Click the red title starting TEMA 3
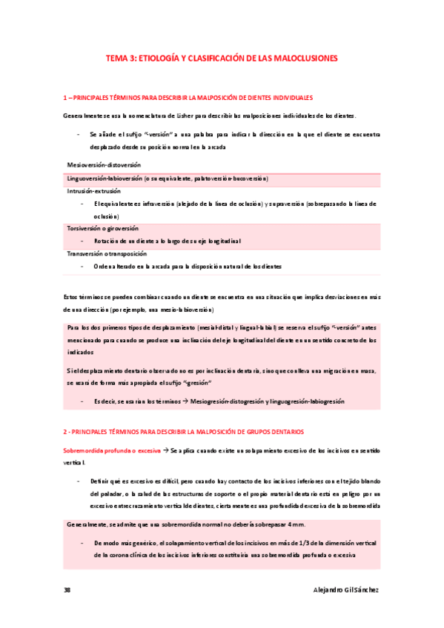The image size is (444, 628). (x=222, y=57)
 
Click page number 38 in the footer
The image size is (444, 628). (x=67, y=590)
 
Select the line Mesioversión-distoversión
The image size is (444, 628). (x=104, y=164)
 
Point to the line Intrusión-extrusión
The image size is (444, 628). (x=93, y=190)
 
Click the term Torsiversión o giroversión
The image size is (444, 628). (x=102, y=229)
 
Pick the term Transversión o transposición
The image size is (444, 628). (x=106, y=253)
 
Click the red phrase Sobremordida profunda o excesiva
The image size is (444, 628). (x=111, y=450)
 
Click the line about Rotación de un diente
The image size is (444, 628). (x=167, y=241)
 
